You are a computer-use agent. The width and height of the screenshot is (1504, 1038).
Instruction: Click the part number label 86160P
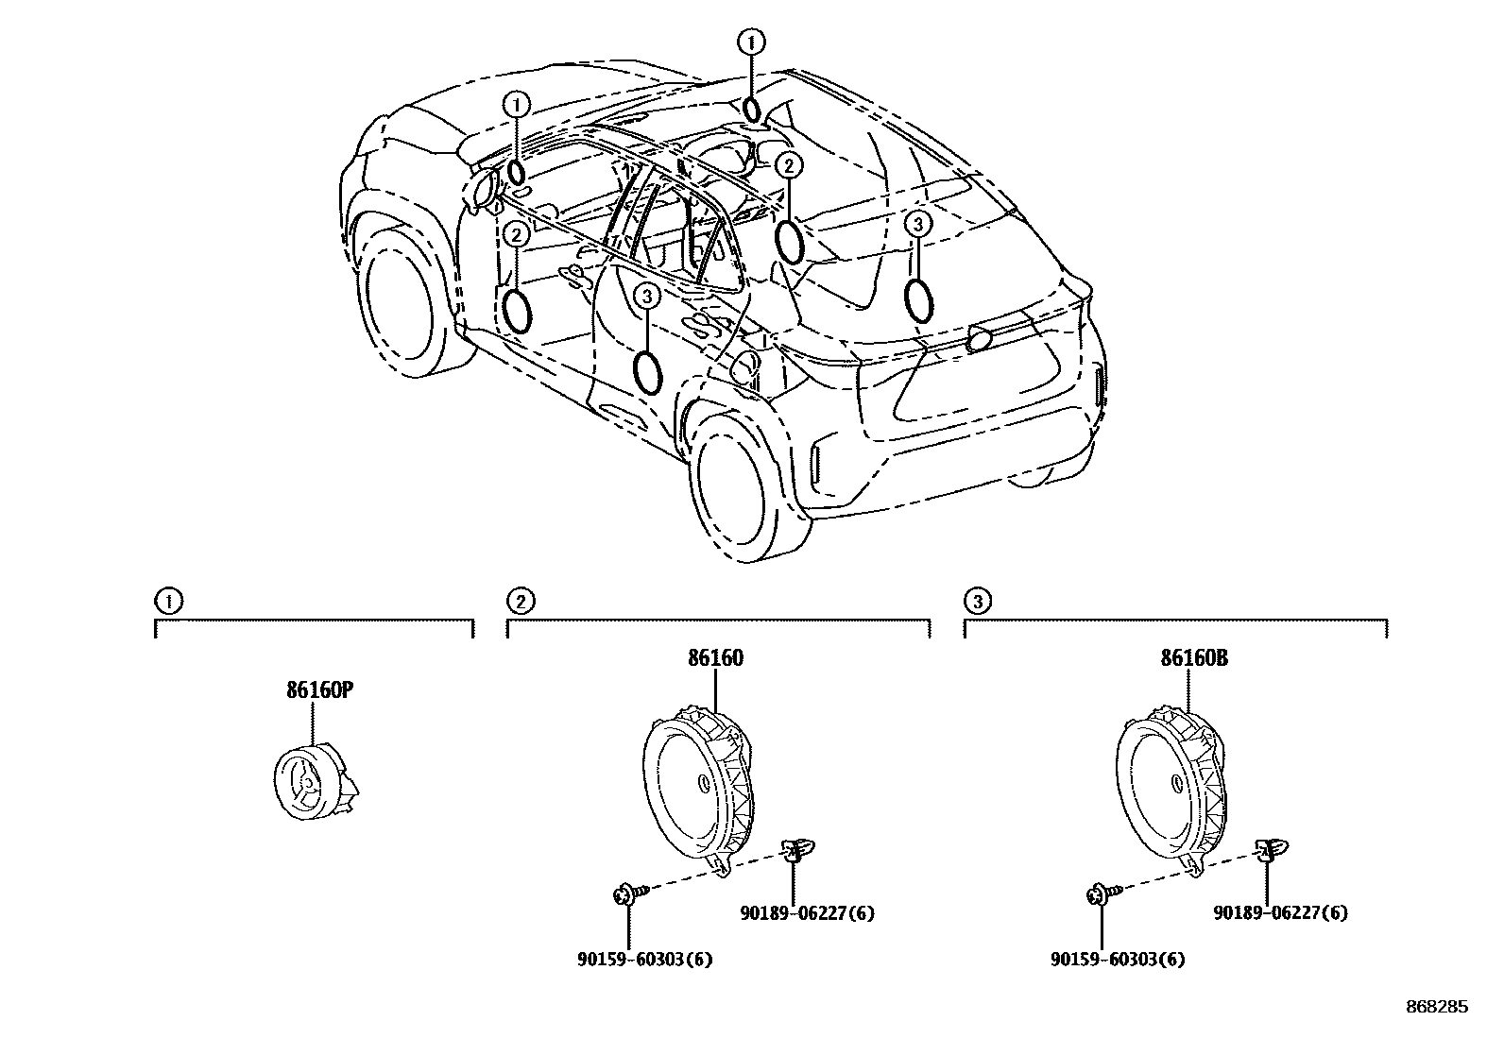coord(319,690)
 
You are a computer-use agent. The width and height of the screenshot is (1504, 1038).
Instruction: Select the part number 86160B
coord(1194,658)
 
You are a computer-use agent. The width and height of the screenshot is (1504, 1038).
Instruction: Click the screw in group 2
coord(627,893)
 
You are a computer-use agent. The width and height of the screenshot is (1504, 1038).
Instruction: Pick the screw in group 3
coord(1101,893)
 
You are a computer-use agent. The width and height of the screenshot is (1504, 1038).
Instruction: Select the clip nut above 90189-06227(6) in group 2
coord(795,850)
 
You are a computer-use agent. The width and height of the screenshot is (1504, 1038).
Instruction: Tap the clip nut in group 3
coord(1268,850)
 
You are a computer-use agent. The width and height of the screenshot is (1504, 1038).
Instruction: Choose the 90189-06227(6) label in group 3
coord(1280,913)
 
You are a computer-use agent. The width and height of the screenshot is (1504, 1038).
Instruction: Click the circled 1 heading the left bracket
coord(165,600)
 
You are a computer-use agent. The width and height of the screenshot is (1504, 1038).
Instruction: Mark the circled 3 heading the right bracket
coord(977,600)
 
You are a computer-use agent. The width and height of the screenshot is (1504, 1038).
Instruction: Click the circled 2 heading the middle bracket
coord(519,600)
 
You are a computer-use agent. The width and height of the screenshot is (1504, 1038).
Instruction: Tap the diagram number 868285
coord(1436,1008)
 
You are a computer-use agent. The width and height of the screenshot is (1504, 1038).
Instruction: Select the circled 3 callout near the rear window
coord(918,223)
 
